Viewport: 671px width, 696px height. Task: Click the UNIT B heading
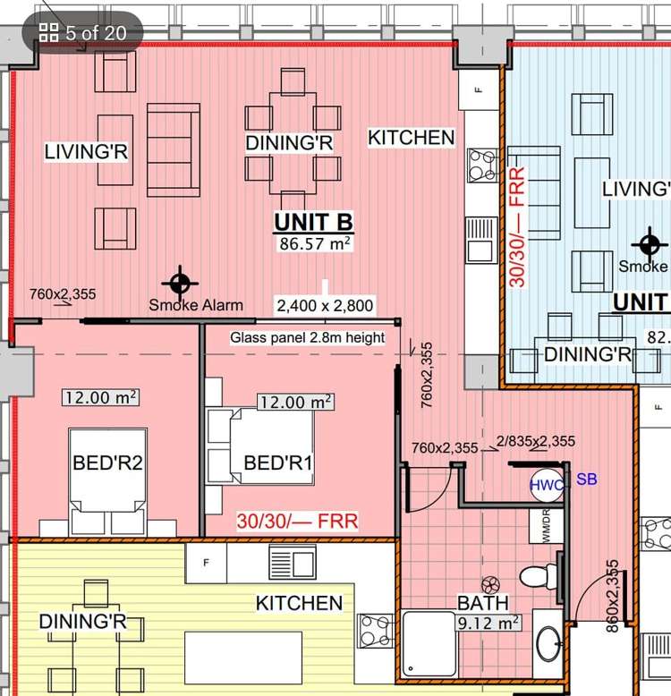(x=313, y=222)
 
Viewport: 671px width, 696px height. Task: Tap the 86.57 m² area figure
(x=315, y=243)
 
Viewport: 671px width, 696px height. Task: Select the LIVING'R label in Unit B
(x=86, y=152)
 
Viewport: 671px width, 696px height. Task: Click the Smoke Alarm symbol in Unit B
(x=180, y=283)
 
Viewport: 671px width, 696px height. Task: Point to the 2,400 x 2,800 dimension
(x=325, y=305)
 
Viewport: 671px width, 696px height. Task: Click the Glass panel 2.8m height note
(x=307, y=337)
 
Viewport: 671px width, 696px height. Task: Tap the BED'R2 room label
(x=107, y=463)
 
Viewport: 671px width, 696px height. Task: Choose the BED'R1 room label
(x=278, y=463)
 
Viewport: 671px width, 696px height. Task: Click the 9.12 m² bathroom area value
(x=488, y=623)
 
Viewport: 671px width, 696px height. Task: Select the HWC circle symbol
(x=547, y=485)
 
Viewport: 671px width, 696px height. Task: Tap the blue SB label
(x=586, y=479)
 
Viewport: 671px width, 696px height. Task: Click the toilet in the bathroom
(x=539, y=577)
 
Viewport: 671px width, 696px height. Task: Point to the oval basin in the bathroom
(x=549, y=643)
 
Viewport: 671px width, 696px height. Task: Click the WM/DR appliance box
(x=547, y=525)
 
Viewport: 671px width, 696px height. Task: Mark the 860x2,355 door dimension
(x=612, y=596)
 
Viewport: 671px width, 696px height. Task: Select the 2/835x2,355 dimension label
(x=536, y=441)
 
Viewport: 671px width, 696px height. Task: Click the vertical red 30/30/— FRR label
(x=517, y=227)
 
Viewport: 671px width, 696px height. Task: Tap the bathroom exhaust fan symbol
(x=490, y=585)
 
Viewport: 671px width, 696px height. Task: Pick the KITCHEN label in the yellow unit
(x=299, y=603)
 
